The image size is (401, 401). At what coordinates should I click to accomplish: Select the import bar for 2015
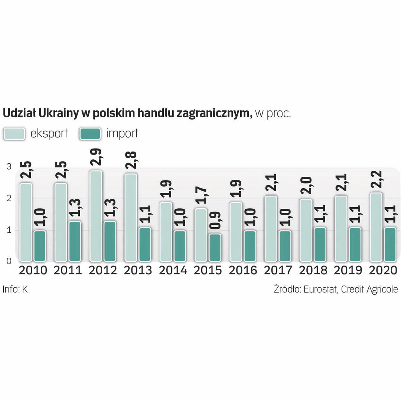tap(215, 247)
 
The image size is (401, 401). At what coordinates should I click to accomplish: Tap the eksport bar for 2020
tap(376, 227)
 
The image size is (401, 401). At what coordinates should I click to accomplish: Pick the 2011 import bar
tap(75, 241)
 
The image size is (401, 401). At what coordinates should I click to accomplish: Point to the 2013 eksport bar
tap(131, 218)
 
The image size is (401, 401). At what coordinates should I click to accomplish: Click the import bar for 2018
tap(320, 244)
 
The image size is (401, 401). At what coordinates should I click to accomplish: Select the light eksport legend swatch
tap(14, 134)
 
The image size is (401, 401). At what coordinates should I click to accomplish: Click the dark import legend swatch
tap(90, 134)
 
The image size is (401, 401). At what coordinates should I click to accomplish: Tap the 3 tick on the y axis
tap(9, 167)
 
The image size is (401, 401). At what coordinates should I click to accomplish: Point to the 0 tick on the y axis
tap(9, 261)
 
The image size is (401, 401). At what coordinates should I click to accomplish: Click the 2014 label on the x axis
tap(173, 270)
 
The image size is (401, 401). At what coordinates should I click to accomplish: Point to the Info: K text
tap(15, 289)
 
